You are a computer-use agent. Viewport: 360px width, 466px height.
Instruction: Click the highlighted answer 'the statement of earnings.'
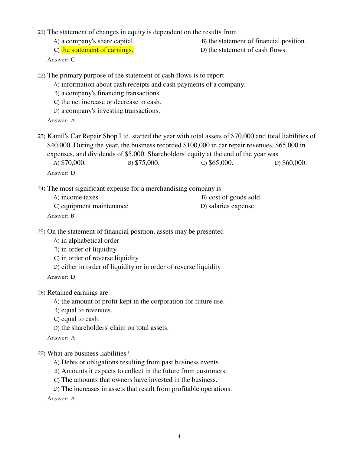(x=97, y=50)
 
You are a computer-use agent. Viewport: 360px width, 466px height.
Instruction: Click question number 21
(x=41, y=32)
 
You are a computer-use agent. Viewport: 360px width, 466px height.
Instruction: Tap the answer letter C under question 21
(x=73, y=60)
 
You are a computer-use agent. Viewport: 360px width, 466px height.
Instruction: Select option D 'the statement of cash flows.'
(x=247, y=50)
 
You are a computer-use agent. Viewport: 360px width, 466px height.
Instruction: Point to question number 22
(x=41, y=76)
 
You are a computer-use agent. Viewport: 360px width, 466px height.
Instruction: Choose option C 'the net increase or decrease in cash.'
(x=111, y=102)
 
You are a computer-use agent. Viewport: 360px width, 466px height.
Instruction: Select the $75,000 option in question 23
(x=147, y=163)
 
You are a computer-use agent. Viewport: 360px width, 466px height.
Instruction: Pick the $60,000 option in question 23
(x=294, y=163)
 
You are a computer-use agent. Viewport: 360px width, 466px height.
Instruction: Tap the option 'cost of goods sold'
(x=234, y=197)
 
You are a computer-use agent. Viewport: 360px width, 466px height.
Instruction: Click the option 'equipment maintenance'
(x=94, y=206)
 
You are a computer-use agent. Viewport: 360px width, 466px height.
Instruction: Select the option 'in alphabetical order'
(x=90, y=241)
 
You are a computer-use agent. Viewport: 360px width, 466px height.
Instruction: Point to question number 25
(x=41, y=232)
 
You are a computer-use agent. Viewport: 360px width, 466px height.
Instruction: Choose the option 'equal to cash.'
(x=80, y=319)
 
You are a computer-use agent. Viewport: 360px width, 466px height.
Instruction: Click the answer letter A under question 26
(x=73, y=338)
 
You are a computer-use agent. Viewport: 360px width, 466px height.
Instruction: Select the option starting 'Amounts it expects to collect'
(x=144, y=371)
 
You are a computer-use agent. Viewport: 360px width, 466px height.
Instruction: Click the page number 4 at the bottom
(x=179, y=436)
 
